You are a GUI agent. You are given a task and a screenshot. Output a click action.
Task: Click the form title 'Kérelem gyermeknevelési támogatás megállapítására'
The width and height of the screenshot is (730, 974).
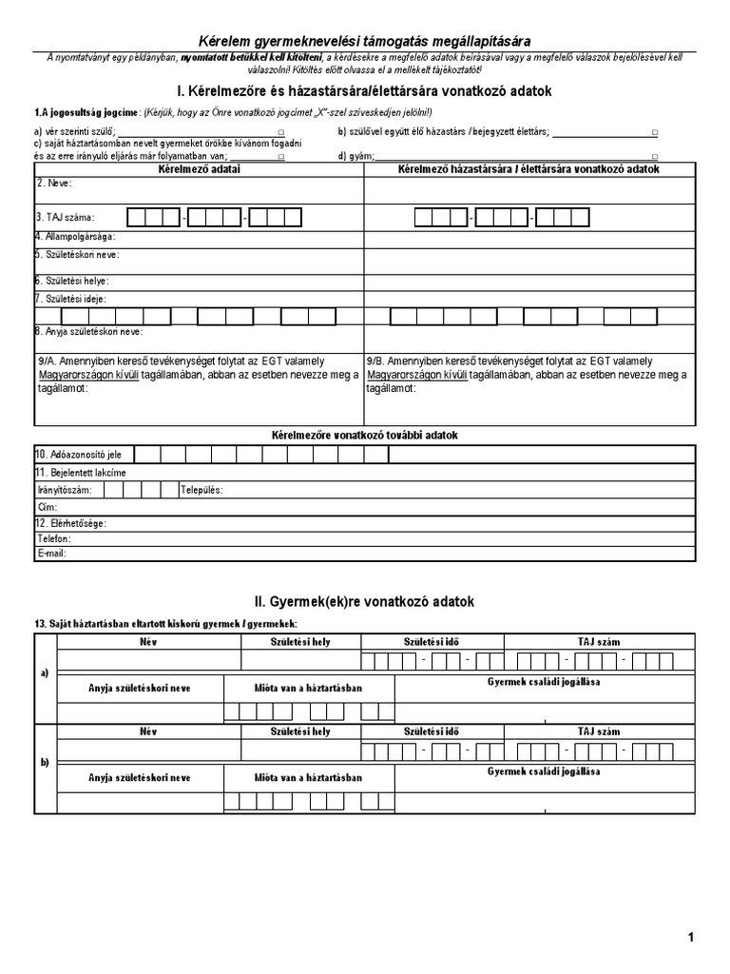click(364, 41)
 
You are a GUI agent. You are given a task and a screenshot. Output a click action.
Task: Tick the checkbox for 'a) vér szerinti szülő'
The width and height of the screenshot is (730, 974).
click(280, 132)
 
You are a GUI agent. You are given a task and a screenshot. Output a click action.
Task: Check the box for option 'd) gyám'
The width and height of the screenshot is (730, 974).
click(655, 156)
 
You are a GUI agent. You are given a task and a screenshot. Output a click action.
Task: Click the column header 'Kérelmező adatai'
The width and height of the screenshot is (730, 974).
click(199, 168)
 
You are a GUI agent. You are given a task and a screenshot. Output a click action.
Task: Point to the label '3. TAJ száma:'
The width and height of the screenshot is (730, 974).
click(66, 218)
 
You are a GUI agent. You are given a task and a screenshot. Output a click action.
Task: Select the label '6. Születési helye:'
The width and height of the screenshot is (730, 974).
click(72, 281)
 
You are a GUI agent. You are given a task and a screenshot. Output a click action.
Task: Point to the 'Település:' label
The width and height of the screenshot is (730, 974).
click(201, 490)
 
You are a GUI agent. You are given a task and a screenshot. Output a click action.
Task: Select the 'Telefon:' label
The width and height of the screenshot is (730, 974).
click(55, 538)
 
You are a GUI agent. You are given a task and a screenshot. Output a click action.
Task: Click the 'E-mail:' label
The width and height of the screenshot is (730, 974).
click(51, 553)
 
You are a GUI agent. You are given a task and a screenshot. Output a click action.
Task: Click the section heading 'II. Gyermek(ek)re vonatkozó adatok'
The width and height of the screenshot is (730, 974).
click(364, 602)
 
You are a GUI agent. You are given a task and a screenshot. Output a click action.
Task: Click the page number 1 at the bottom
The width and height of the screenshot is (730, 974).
click(691, 937)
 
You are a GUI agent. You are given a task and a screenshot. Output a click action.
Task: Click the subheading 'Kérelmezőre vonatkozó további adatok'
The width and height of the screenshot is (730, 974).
click(364, 435)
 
